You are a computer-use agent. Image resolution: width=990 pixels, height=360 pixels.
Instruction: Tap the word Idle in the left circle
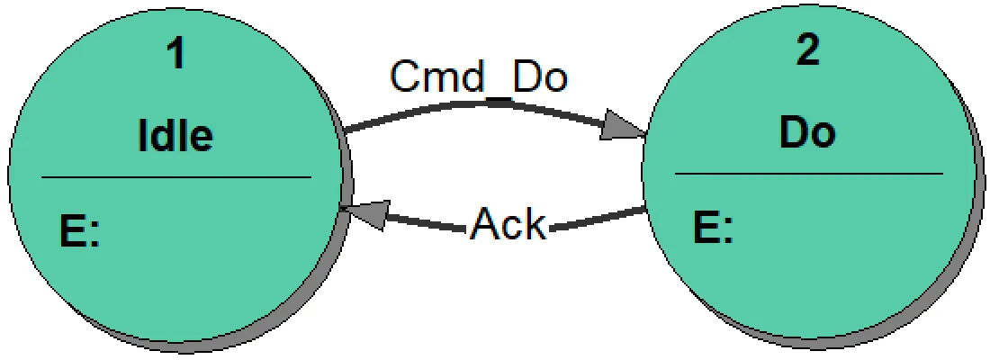(175, 135)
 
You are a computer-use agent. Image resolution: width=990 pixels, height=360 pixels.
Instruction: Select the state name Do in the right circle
(807, 132)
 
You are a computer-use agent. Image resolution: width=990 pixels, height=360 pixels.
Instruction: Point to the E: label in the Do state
(714, 228)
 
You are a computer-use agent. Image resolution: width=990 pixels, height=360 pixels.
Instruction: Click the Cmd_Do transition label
(478, 77)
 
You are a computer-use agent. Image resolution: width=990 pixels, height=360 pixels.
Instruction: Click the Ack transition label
(508, 225)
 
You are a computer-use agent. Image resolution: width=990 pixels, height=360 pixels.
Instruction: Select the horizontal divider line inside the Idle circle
(175, 177)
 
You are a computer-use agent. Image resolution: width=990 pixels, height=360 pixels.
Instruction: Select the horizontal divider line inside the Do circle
(807, 174)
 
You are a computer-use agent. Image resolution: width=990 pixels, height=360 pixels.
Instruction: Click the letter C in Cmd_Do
(404, 77)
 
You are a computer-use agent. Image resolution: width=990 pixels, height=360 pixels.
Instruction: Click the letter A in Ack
(484, 225)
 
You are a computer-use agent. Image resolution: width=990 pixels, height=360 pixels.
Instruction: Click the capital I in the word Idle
(143, 135)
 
